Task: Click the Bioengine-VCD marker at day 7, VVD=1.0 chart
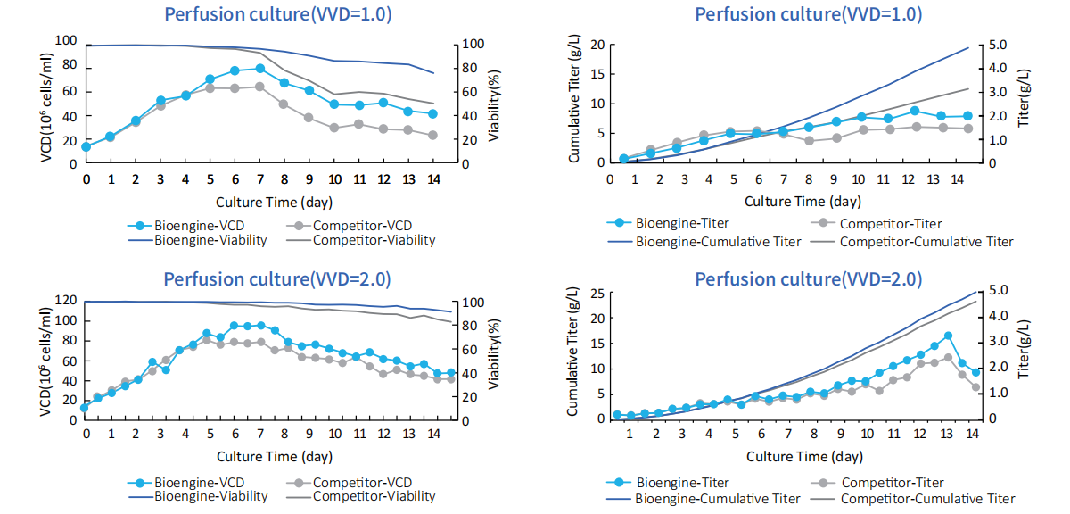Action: [259, 69]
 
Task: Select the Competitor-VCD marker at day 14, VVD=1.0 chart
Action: [432, 135]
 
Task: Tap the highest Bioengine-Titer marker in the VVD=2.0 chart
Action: [948, 336]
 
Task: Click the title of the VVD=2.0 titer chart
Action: [808, 279]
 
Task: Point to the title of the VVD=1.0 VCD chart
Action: [277, 14]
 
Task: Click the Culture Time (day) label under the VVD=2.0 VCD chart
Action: [259, 456]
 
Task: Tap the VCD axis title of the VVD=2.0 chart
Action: [46, 354]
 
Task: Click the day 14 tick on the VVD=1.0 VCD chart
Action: [432, 179]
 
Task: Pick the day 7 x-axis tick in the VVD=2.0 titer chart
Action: [787, 434]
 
